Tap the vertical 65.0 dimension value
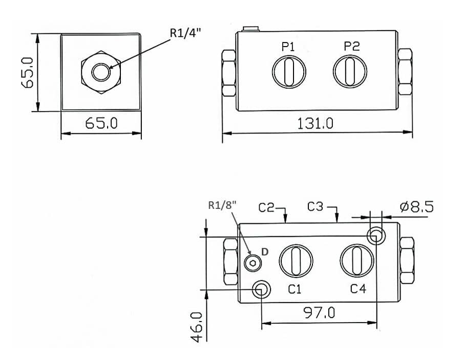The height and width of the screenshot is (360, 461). (x=28, y=73)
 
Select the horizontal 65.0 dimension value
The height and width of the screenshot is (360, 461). (x=101, y=123)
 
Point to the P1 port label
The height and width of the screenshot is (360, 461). (x=288, y=47)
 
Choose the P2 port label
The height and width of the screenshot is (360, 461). (x=352, y=46)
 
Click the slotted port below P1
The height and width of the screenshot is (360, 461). (x=289, y=72)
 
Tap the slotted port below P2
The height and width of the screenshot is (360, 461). (x=350, y=71)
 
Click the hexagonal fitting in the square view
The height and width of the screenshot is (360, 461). (x=101, y=72)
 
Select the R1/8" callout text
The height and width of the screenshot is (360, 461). (x=222, y=205)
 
